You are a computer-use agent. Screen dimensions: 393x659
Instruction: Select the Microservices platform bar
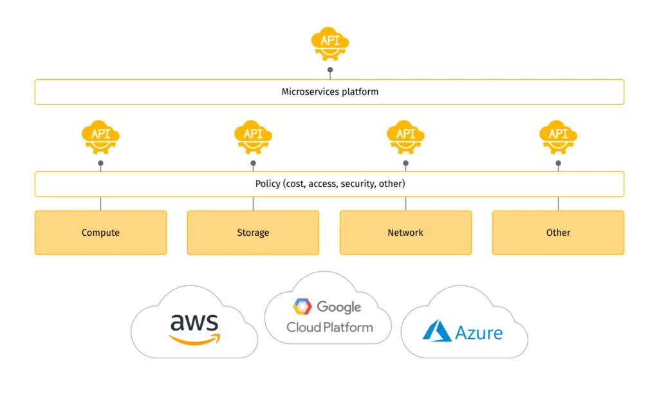[329, 92]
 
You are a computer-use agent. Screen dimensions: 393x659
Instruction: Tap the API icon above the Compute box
[100, 136]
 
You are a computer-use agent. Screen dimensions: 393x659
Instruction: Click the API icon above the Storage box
[253, 136]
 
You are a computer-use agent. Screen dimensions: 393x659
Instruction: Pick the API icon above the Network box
[405, 136]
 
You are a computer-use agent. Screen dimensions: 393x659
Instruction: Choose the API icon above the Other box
[558, 136]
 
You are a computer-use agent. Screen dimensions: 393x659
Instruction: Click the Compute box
[100, 233]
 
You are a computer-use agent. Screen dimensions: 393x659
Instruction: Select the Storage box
[253, 233]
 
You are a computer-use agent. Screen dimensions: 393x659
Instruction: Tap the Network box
[405, 233]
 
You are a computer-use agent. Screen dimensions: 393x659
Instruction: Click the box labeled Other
[558, 233]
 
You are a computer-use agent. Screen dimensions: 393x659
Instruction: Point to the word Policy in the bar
[268, 184]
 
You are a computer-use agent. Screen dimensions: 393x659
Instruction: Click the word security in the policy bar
[357, 184]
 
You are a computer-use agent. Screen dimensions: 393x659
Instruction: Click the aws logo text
[194, 321]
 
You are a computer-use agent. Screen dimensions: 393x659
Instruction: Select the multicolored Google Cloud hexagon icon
[302, 307]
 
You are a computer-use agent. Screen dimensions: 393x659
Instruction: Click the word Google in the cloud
[339, 307]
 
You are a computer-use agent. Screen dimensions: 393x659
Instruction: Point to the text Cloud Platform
[329, 327]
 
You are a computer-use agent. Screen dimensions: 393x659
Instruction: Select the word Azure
[479, 332]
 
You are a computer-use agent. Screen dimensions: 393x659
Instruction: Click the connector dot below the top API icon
[330, 70]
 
